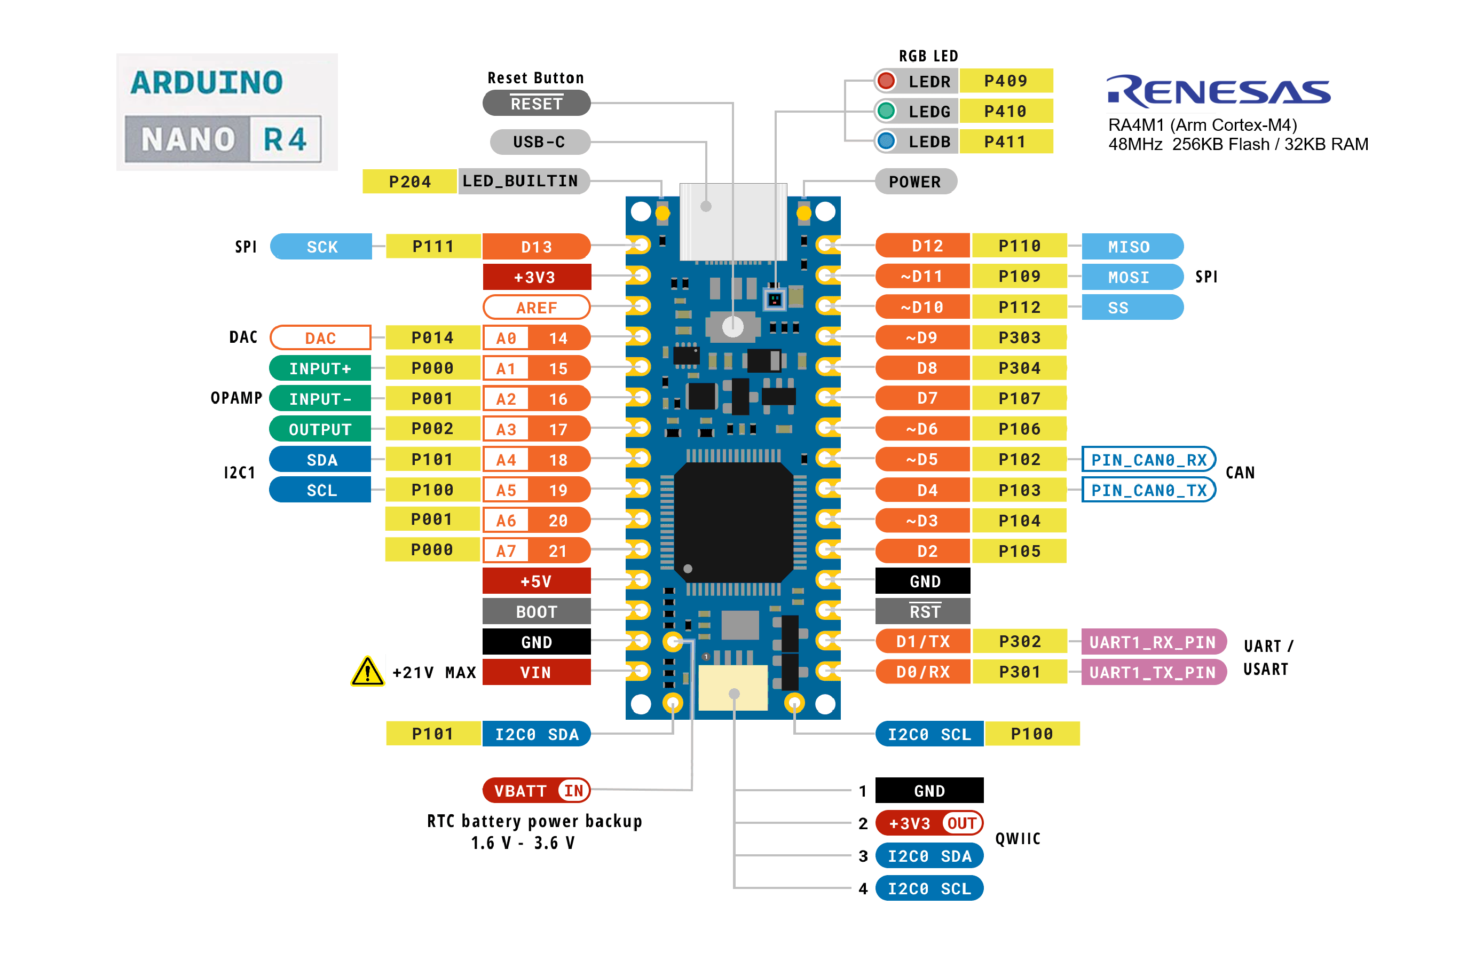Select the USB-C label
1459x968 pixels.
point(539,142)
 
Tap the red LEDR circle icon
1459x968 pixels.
point(886,81)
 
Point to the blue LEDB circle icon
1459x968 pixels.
point(886,141)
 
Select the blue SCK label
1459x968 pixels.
point(321,247)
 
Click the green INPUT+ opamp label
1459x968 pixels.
point(320,368)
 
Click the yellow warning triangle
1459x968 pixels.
point(367,672)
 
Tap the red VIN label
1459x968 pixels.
point(535,672)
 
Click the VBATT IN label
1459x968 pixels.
point(535,791)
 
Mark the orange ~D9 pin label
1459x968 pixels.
point(921,337)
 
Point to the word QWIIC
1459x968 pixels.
point(1018,839)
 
